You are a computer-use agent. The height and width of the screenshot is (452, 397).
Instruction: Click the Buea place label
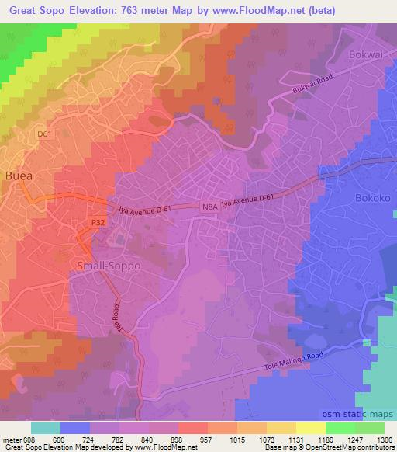19,176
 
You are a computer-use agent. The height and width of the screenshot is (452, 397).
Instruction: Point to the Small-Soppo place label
109,265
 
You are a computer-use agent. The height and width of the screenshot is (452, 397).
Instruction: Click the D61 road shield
45,134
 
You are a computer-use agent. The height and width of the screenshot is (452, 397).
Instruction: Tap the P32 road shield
97,222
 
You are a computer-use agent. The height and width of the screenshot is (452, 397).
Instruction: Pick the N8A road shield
209,207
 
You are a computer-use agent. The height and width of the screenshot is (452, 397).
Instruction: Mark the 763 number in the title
147,10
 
